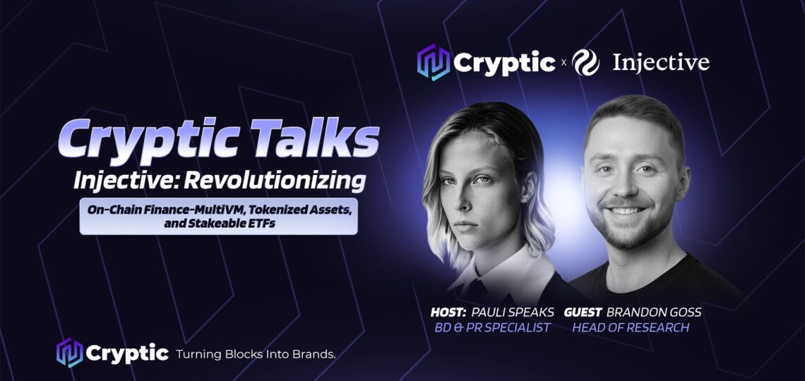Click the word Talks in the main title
pos(313,138)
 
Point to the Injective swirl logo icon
pos(586,63)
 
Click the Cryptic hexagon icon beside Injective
pos(434,63)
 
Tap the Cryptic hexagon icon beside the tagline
pos(70,353)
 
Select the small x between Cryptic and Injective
pos(563,64)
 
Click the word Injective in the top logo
pos(661,63)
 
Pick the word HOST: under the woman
pos(448,313)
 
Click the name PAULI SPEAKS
pos(513,313)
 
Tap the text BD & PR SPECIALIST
pos(492,327)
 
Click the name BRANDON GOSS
pos(654,313)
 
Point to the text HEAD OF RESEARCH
pos(631,327)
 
